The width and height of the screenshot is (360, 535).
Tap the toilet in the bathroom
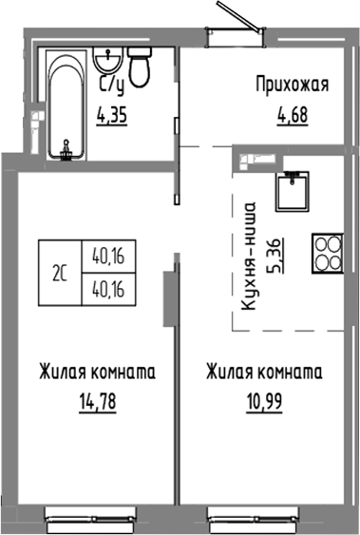coord(141,68)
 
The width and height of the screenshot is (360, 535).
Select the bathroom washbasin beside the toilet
coord(107,64)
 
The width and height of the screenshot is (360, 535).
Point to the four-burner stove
coord(327,252)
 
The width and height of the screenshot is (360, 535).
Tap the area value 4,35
coord(115,119)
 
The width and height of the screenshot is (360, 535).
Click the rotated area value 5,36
coord(275,256)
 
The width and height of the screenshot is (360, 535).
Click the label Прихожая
coord(292,86)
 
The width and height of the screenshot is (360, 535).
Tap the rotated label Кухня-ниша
coord(251,257)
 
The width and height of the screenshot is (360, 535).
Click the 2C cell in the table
coord(61,273)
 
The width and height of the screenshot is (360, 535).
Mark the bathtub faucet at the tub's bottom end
coord(66,146)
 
